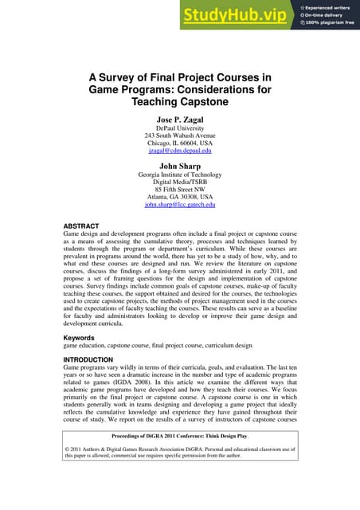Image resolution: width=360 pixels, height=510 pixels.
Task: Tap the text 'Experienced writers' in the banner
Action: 329,7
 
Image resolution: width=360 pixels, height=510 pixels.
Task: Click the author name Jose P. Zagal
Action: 179,120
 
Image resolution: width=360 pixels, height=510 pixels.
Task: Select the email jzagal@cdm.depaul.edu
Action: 179,149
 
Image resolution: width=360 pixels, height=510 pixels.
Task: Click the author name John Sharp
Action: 179,167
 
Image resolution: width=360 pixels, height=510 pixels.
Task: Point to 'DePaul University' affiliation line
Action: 179,129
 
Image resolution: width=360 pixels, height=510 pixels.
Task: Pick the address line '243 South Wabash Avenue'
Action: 179,136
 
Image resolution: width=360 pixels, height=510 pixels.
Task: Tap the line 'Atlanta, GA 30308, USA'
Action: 179,196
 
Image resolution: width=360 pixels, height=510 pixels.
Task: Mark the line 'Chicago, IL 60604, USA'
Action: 179,143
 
